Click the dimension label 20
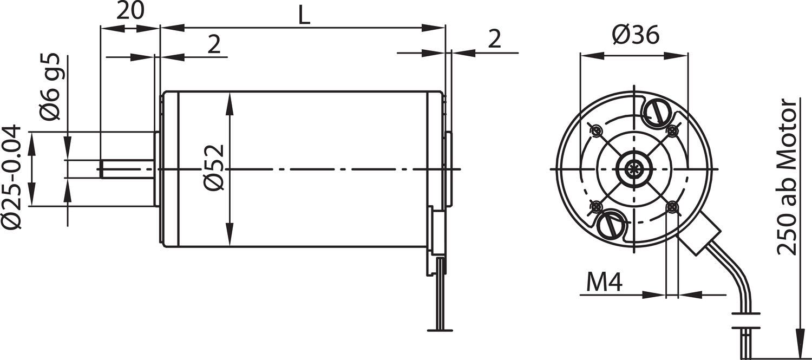click(x=130, y=11)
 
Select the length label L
click(x=304, y=16)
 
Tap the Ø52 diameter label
click(x=214, y=167)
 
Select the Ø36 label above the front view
click(x=636, y=36)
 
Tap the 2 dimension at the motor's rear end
click(x=494, y=40)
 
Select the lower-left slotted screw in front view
click(x=610, y=225)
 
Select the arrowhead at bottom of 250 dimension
click(x=798, y=341)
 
